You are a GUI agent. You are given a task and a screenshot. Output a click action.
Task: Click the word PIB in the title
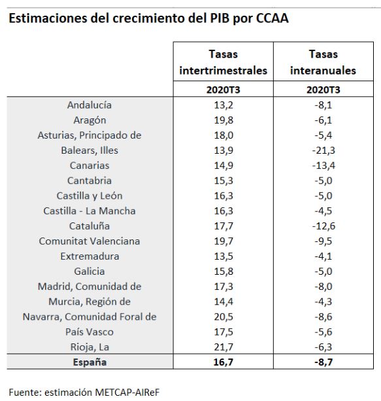[220, 18]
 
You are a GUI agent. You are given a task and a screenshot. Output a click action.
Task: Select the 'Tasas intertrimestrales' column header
[223, 62]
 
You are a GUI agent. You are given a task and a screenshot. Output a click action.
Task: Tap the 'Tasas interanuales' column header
[323, 62]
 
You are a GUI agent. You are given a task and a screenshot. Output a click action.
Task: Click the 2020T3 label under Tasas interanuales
[323, 90]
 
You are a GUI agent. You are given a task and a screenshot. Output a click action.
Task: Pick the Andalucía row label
[90, 105]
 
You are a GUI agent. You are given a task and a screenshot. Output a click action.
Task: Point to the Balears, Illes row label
[90, 150]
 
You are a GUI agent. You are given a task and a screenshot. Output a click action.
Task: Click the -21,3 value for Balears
[323, 150]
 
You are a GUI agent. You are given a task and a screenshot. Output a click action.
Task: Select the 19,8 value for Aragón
[224, 120]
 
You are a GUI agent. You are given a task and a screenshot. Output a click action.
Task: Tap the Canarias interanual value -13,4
[323, 166]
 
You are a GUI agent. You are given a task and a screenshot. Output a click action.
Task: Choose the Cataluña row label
[90, 226]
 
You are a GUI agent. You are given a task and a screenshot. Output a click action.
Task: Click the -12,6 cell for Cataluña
[323, 226]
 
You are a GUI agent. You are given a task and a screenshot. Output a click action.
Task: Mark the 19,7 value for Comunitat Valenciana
[224, 241]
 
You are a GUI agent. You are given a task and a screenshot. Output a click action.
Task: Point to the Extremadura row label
[90, 256]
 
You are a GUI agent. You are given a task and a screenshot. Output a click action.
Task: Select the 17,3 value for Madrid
[224, 287]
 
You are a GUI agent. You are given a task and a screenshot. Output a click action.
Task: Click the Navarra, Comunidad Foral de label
[90, 317]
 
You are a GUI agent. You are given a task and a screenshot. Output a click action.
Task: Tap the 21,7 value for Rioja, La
[224, 347]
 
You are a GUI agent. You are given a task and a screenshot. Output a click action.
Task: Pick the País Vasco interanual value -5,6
[323, 332]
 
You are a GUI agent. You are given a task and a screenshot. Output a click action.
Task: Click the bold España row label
[90, 362]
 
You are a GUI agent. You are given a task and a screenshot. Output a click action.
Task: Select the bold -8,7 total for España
[323, 362]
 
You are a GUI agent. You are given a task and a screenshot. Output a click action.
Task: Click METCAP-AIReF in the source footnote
[127, 392]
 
